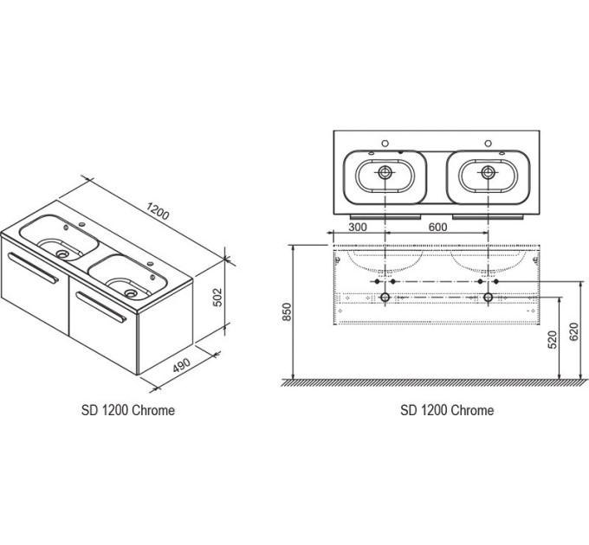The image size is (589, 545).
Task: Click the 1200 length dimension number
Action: pyautogui.click(x=159, y=211)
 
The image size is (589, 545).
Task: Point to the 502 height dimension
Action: pyautogui.click(x=217, y=297)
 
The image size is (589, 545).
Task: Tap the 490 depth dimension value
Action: pyautogui.click(x=182, y=365)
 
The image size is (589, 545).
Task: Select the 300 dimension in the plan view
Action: pyautogui.click(x=358, y=227)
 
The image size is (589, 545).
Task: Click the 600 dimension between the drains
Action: pyautogui.click(x=437, y=227)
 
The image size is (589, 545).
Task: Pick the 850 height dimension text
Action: pyautogui.click(x=287, y=312)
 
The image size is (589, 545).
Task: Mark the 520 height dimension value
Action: pyautogui.click(x=553, y=339)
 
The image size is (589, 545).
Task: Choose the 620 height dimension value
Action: pyautogui.click(x=574, y=331)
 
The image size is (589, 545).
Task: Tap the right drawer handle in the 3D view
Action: pyautogui.click(x=101, y=307)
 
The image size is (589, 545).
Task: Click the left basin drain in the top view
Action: pyautogui.click(x=385, y=172)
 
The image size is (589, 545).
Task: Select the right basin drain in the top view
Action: pyautogui.click(x=488, y=172)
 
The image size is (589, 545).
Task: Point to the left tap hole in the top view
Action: pyautogui.click(x=385, y=144)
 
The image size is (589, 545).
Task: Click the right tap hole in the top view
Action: pyautogui.click(x=488, y=144)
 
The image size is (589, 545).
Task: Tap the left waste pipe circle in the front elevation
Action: pyautogui.click(x=385, y=298)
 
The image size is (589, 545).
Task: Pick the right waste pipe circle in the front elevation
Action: pyautogui.click(x=488, y=298)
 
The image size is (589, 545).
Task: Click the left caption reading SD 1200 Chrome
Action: pyautogui.click(x=128, y=410)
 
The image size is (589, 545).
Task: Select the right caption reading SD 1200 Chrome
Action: pyautogui.click(x=447, y=410)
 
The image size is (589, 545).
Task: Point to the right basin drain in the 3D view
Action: pyautogui.click(x=131, y=293)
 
